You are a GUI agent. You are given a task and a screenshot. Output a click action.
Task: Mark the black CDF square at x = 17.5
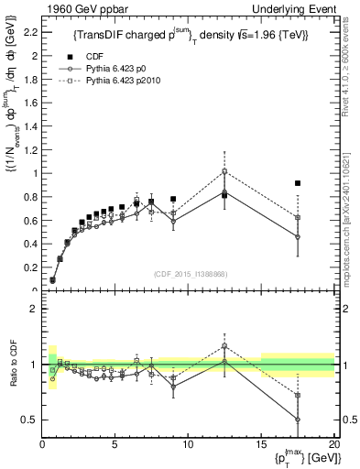coord(298,183)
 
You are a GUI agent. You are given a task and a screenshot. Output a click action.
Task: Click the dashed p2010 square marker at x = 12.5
coord(224,171)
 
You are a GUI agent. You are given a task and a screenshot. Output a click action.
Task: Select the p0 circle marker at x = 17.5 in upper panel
coord(298,237)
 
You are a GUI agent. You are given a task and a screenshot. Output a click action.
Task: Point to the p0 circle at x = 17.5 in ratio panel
coord(298,420)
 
